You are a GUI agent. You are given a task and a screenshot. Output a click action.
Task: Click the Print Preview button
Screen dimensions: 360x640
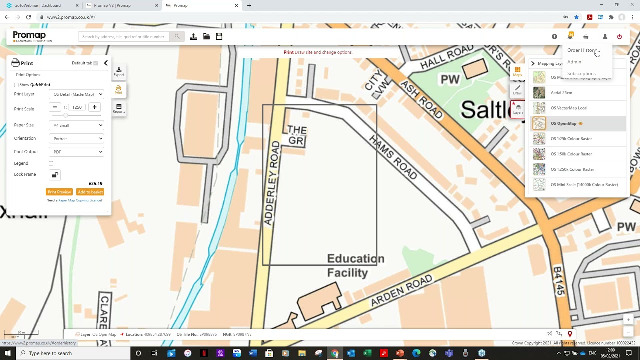click(x=59, y=192)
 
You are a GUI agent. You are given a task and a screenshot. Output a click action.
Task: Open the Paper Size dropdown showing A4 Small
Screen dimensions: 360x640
click(x=77, y=125)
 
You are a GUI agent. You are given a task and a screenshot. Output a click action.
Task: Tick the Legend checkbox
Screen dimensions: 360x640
click(x=51, y=163)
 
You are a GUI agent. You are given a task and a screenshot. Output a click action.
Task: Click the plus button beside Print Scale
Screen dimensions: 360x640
click(x=94, y=107)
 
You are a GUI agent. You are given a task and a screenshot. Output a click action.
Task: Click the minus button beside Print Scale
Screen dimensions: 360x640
click(x=55, y=107)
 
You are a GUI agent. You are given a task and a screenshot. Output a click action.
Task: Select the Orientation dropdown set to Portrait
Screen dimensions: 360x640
click(x=77, y=139)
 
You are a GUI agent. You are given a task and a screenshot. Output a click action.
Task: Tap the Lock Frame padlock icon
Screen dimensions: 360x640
click(x=55, y=175)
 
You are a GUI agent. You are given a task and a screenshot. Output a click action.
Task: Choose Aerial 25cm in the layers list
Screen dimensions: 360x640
click(x=561, y=93)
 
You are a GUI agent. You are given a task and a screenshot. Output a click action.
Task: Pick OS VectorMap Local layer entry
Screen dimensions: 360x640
click(x=569, y=108)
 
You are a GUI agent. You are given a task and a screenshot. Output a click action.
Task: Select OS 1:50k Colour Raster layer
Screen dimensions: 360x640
click(x=571, y=154)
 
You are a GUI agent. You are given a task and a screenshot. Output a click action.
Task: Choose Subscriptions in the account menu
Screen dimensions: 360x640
click(x=581, y=74)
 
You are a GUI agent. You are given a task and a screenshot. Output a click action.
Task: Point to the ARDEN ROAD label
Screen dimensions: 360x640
click(x=401, y=291)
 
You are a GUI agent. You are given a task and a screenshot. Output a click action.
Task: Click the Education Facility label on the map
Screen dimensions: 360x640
click(x=355, y=265)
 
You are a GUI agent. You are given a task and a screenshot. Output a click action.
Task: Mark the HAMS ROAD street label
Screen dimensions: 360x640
click(x=393, y=157)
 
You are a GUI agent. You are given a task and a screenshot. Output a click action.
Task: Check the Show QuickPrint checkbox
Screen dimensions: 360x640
click(x=16, y=85)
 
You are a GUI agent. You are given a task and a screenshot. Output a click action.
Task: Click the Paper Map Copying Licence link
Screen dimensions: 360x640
click(x=80, y=200)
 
